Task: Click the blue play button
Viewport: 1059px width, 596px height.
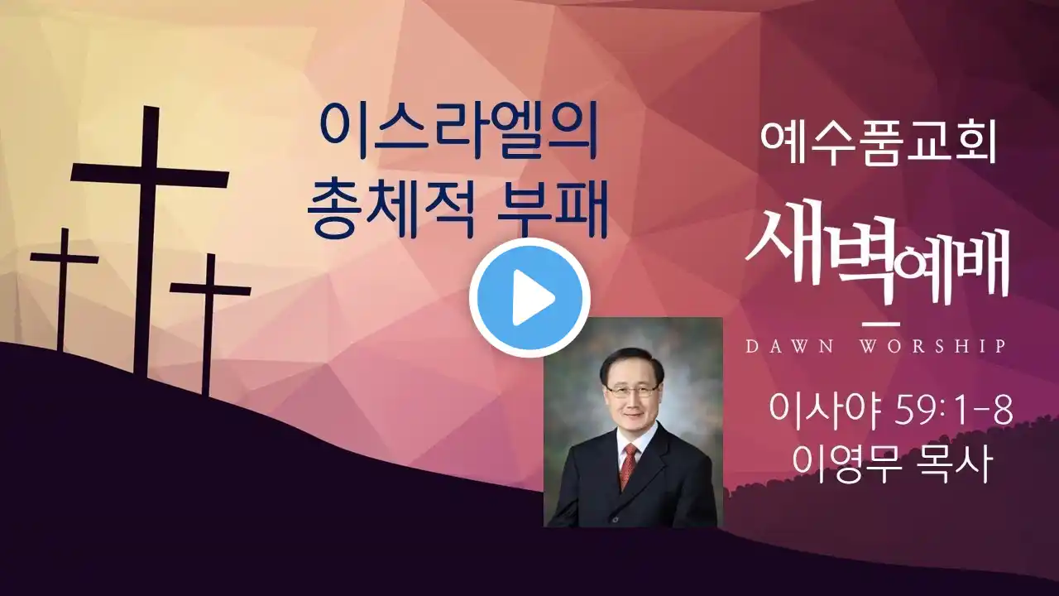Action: tap(529, 297)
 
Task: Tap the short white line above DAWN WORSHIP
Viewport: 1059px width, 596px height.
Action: tap(881, 324)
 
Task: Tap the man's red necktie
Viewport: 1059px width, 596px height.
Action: tap(628, 466)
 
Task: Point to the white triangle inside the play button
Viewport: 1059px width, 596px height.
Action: tap(533, 297)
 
